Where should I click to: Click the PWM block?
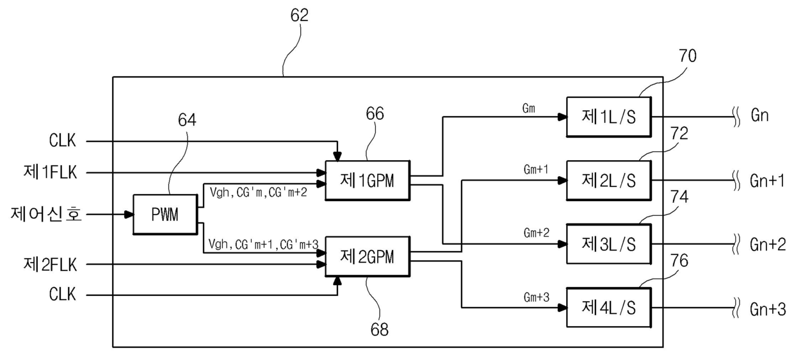[x=165, y=214]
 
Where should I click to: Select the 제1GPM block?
[x=368, y=181]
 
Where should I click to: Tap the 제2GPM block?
[x=368, y=256]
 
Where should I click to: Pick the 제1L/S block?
[x=608, y=117]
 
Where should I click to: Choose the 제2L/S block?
[x=608, y=181]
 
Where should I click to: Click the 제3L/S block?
[x=608, y=244]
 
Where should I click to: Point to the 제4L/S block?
[x=608, y=307]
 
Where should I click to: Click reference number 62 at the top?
[x=300, y=15]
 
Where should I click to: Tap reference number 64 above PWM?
[x=187, y=120]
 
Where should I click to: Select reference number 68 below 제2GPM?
[x=379, y=329]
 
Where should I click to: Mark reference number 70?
[x=688, y=56]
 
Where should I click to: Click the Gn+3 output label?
[x=768, y=309]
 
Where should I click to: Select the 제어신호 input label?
[x=46, y=214]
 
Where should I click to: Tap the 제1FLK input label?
[x=50, y=172]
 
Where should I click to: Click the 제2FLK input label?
[x=50, y=265]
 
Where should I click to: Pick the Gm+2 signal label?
[x=537, y=233]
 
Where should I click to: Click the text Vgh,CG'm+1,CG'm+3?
[x=263, y=244]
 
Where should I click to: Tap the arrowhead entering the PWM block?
[x=129, y=214]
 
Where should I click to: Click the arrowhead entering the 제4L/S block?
[x=562, y=307]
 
